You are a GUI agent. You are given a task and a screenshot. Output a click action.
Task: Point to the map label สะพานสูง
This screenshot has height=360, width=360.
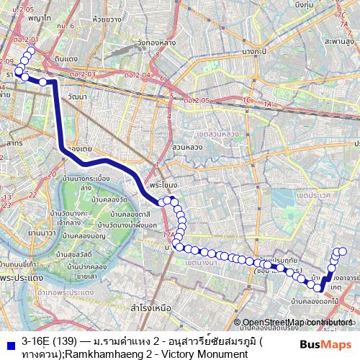[341, 42]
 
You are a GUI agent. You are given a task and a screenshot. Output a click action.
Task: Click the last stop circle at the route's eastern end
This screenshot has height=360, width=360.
[343, 251]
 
